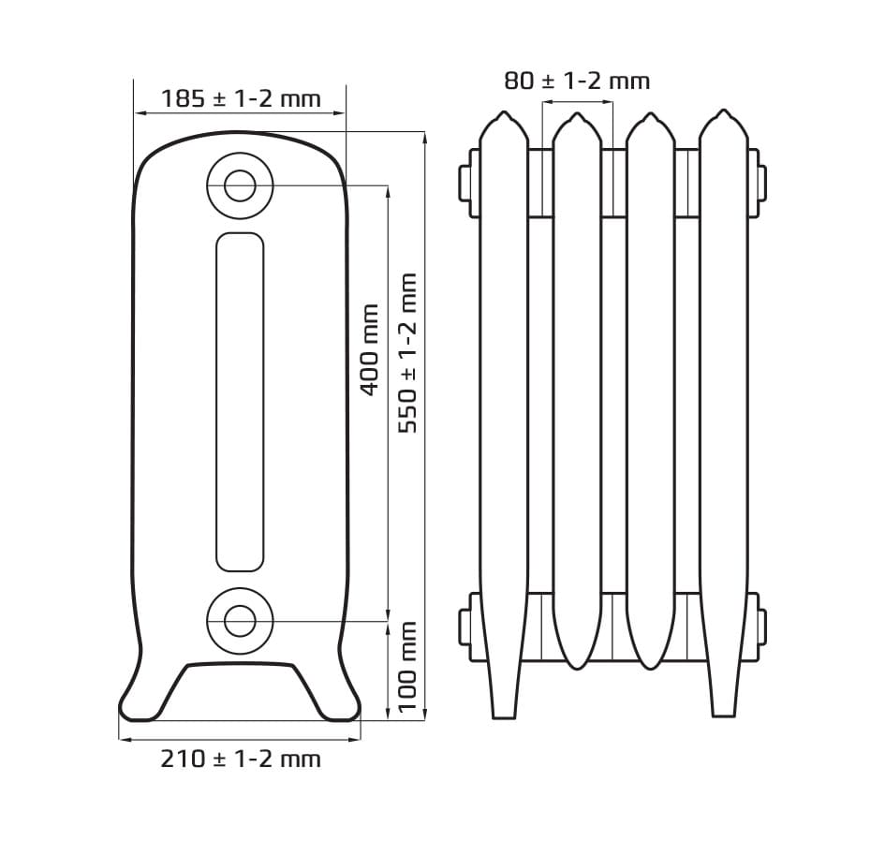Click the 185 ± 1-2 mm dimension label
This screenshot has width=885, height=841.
click(x=241, y=98)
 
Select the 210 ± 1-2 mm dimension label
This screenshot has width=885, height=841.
click(x=241, y=759)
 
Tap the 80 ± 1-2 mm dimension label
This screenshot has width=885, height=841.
click(x=577, y=81)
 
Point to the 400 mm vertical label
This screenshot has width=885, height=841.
click(x=369, y=349)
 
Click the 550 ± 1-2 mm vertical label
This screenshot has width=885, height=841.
click(x=407, y=353)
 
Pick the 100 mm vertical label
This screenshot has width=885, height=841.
click(x=407, y=667)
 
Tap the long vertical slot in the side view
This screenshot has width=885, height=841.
click(x=216, y=402)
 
